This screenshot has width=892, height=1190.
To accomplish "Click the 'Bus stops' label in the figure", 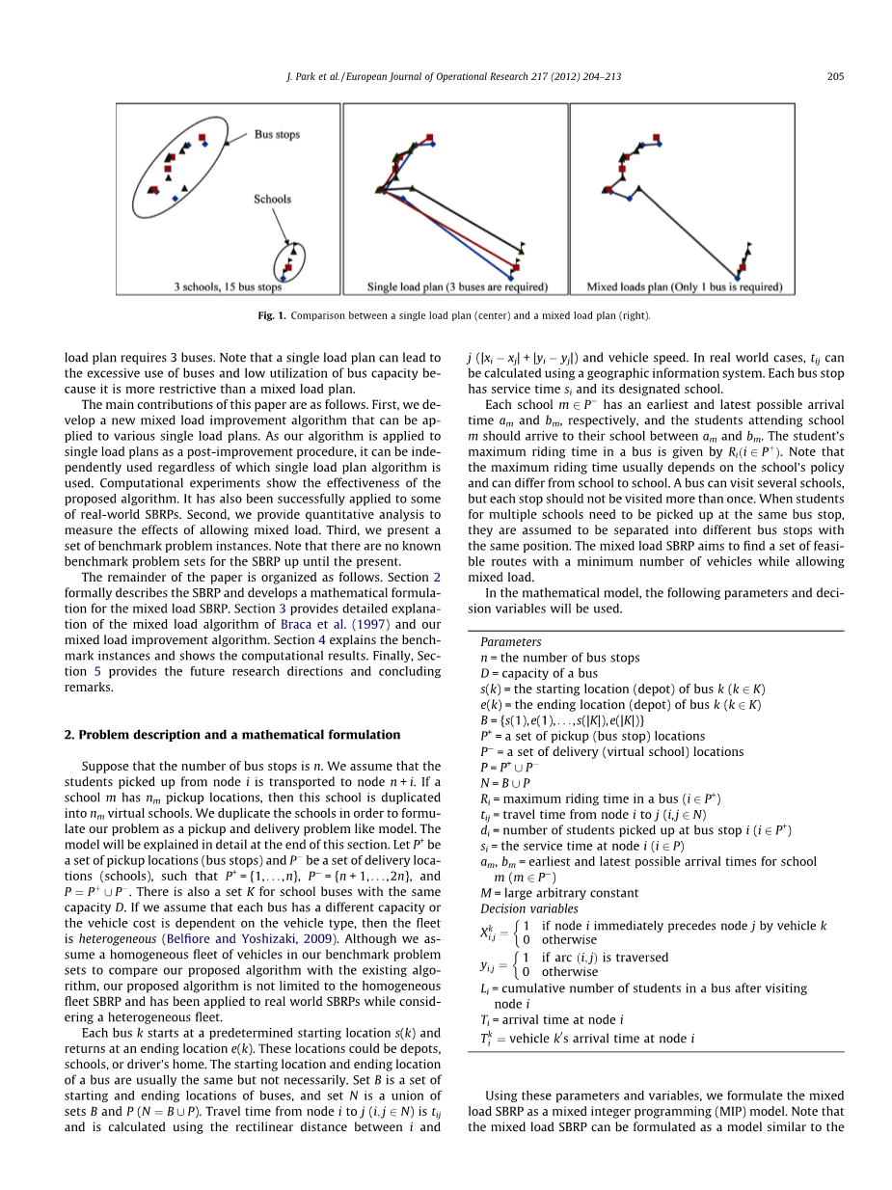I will pos(277,136).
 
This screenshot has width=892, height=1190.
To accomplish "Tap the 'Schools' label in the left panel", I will pos(272,200).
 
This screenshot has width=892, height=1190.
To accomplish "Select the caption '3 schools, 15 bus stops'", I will pos(228,286).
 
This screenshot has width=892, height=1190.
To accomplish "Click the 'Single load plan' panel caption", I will pos(457,286).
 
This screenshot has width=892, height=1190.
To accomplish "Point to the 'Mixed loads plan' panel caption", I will pos(684,286).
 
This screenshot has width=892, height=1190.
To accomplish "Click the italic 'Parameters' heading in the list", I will pos(510,642).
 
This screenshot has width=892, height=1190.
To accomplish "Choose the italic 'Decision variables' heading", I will pos(528,909).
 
